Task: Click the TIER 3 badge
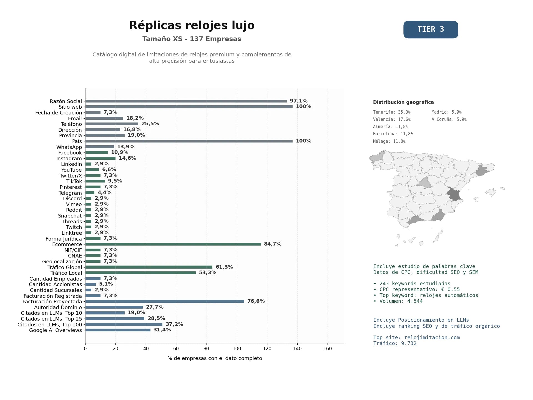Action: [431, 29]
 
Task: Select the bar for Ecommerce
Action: [173, 244]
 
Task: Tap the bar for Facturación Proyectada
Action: [165, 301]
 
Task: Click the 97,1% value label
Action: [299, 101]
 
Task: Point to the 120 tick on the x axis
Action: [267, 349]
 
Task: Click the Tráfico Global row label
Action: [65, 267]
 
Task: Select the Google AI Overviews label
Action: [56, 330]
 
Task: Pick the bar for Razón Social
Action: [186, 101]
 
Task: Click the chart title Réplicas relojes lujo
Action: [192, 26]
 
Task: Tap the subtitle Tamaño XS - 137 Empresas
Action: [192, 39]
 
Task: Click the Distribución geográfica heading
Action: [403, 102]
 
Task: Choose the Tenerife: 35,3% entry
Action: [392, 112]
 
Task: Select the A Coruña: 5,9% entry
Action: [449, 119]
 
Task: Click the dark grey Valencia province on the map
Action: [454, 194]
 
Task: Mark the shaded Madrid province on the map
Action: [424, 182]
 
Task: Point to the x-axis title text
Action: [215, 358]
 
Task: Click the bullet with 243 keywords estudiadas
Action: [412, 284]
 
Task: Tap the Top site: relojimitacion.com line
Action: [416, 337]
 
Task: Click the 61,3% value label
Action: [224, 267]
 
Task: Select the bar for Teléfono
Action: [112, 124]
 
